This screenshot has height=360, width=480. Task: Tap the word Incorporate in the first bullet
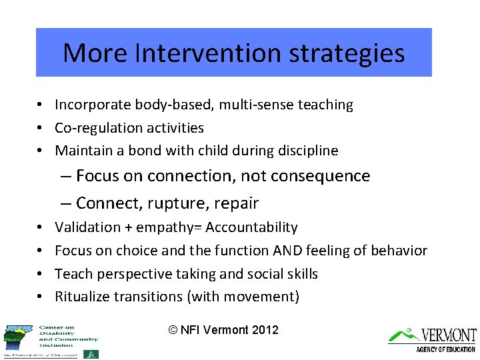[93, 105]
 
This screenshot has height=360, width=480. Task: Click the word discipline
[306, 151]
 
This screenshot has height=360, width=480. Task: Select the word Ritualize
[85, 297]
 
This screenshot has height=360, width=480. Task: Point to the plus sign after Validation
[127, 228]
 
